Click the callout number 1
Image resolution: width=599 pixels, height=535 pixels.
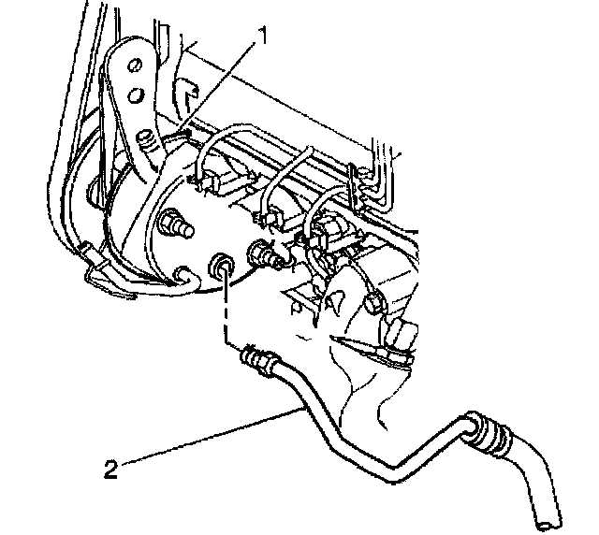tap(265, 36)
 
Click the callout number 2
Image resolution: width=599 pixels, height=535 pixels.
tap(110, 466)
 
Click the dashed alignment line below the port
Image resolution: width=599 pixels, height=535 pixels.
tap(226, 314)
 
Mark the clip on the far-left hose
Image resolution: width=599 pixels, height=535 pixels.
tap(91, 253)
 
